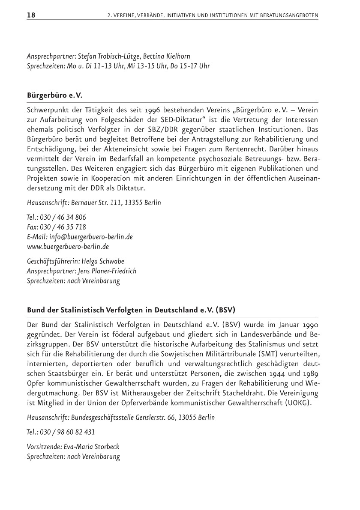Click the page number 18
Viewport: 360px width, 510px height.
point(31,15)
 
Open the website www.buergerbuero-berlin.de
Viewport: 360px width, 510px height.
point(68,246)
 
